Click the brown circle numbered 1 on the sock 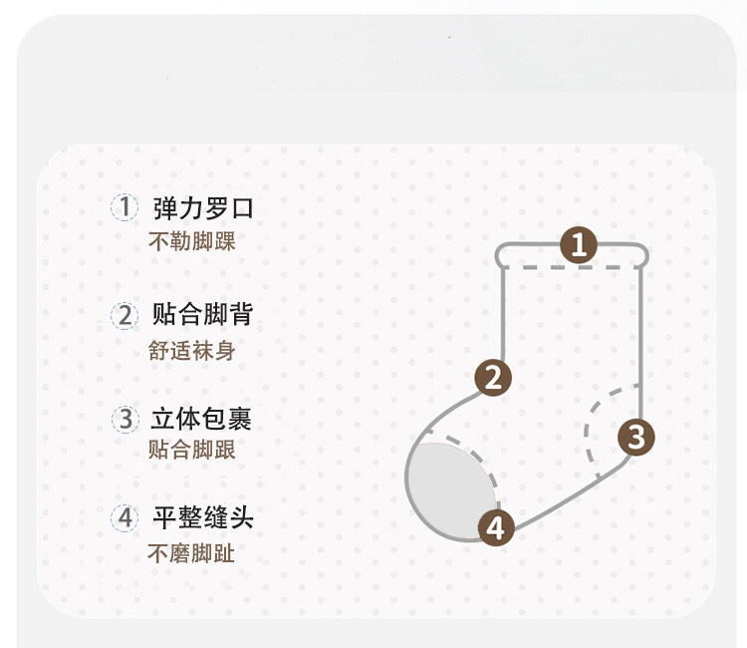pos(579,244)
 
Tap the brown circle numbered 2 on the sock pos(493,378)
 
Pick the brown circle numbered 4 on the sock pos(497,526)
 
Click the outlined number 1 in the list pos(124,207)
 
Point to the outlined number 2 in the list pos(124,316)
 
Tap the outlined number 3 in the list pos(124,419)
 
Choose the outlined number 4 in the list pos(124,518)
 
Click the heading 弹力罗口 pos(203,208)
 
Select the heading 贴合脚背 pos(203,315)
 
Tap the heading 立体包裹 pos(203,419)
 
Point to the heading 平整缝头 pos(203,518)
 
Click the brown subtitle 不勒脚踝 pos(192,241)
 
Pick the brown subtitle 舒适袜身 pos(192,351)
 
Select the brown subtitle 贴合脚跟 pos(192,451)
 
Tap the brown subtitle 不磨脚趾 pos(192,553)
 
